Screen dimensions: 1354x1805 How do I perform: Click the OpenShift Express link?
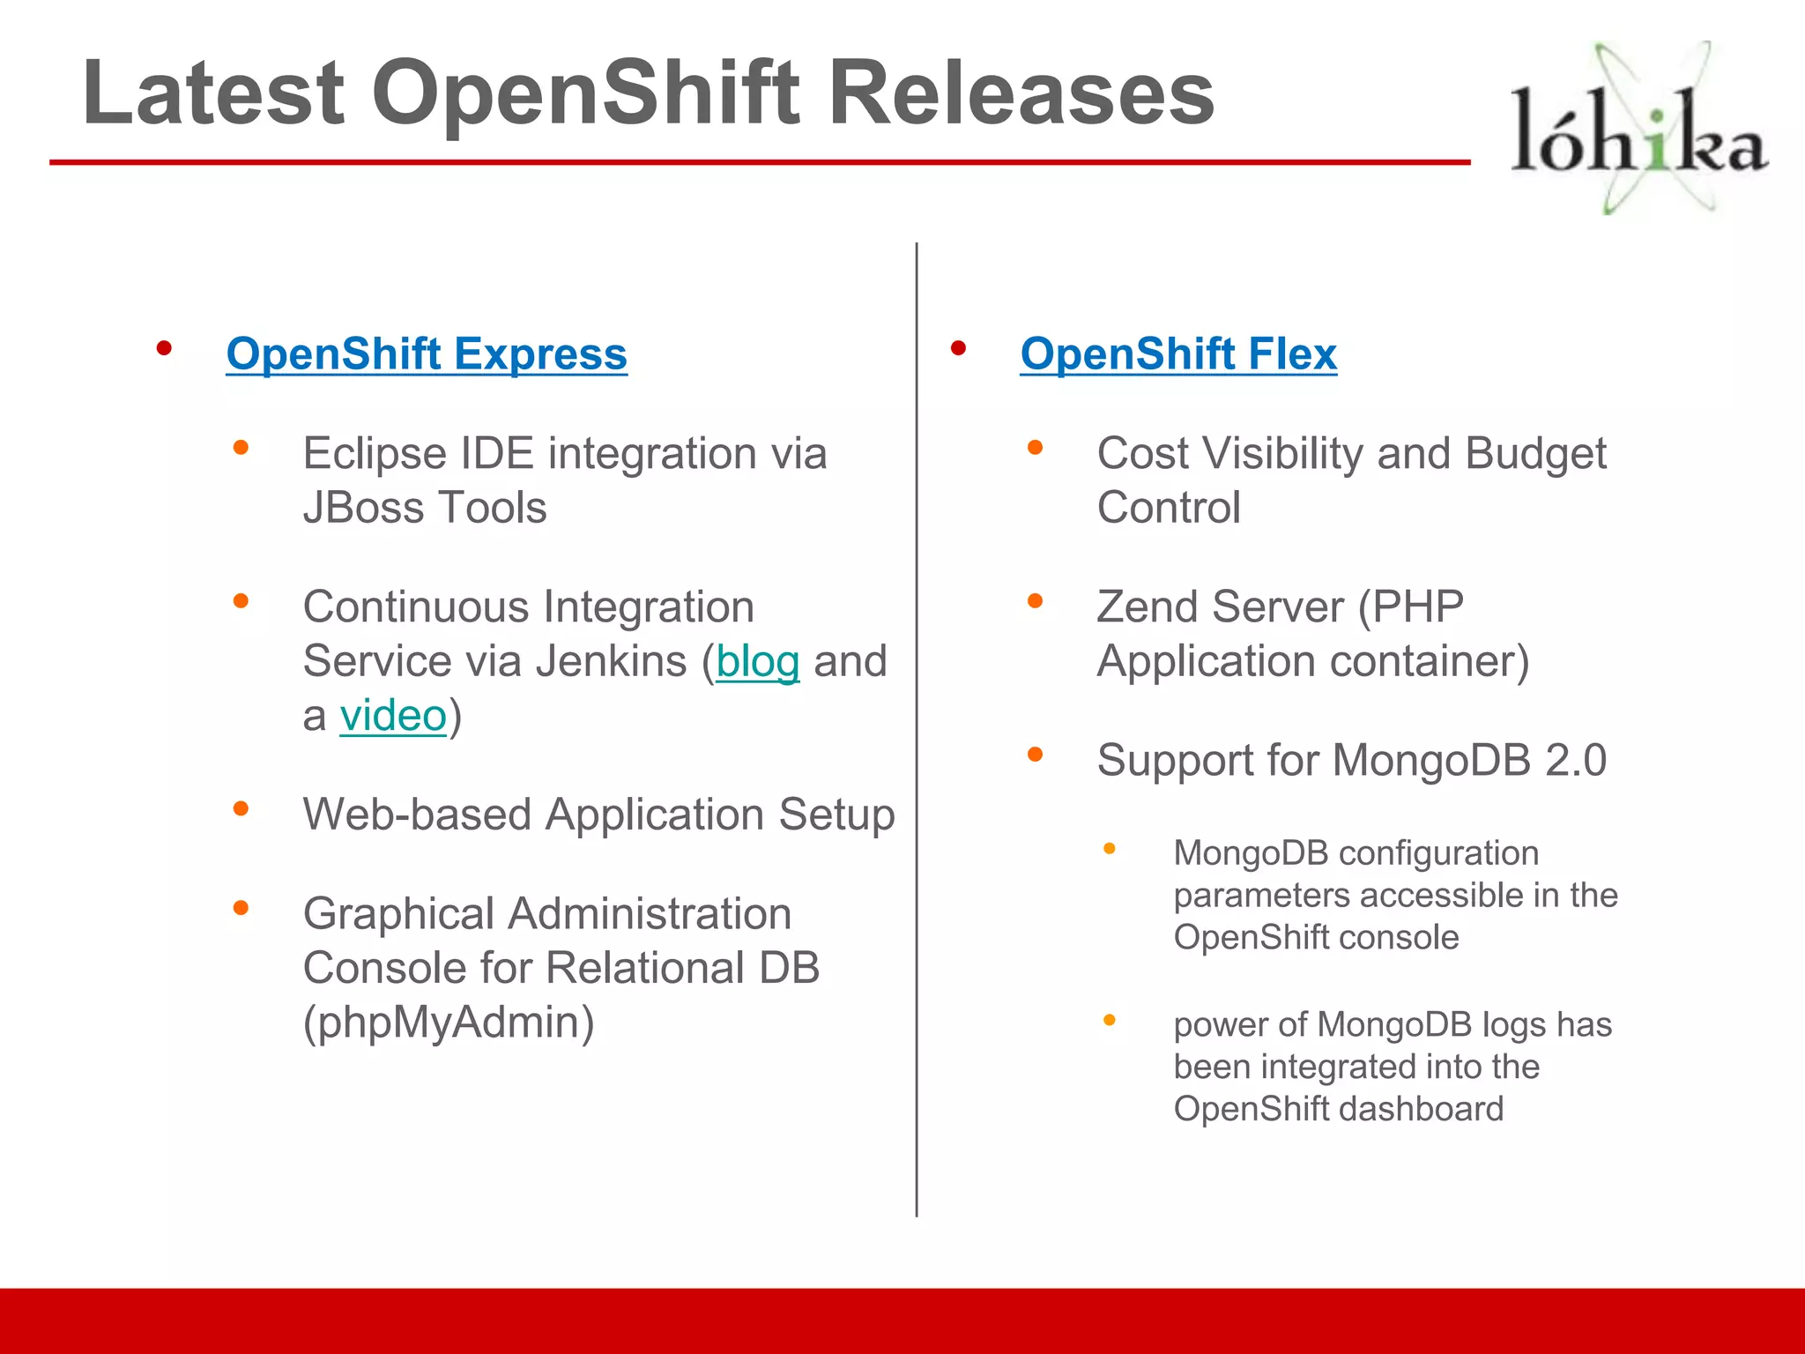[x=427, y=354]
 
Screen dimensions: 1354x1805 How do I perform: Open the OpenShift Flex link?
[x=1178, y=354]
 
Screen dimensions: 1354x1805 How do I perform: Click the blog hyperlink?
[x=758, y=662]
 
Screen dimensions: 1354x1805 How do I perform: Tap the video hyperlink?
[x=393, y=716]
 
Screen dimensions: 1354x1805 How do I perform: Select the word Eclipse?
[x=375, y=455]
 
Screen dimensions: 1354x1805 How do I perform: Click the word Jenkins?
[x=611, y=662]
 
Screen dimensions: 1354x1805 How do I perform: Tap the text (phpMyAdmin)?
[x=449, y=1023]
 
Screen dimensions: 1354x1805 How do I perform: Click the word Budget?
[x=1535, y=455]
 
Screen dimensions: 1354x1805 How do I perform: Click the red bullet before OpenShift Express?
[x=164, y=349]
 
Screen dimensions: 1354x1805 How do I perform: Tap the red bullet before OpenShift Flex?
[x=958, y=349]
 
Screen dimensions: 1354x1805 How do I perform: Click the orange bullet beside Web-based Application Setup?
[x=241, y=808]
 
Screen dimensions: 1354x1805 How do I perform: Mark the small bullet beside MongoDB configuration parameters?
[x=1110, y=849]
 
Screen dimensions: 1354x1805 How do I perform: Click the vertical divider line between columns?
[x=917, y=732]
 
